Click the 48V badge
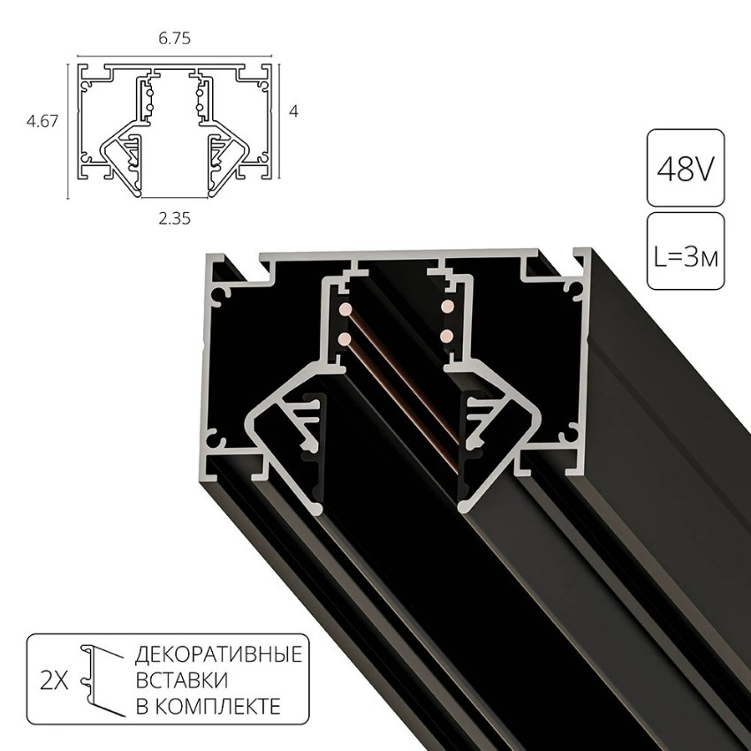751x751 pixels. pyautogui.click(x=686, y=168)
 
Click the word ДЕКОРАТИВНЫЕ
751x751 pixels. pyautogui.click(x=217, y=656)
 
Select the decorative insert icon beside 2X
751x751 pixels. pyautogui.click(x=99, y=679)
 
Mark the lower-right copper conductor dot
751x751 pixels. pyautogui.click(x=447, y=335)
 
